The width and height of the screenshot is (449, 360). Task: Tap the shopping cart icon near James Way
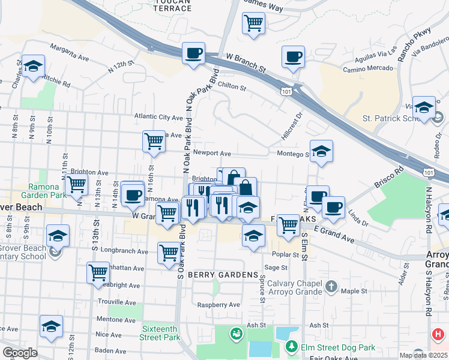[253, 24]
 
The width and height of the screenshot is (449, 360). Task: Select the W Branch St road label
[246, 62]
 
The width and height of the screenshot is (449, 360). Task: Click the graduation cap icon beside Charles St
[32, 68]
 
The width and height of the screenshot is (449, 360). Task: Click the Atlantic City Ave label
[158, 117]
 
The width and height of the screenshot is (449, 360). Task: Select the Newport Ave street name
[212, 153]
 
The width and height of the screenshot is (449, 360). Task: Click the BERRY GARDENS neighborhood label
[223, 274]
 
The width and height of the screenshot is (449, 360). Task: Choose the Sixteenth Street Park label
[159, 334]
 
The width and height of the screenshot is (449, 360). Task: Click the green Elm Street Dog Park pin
[291, 346]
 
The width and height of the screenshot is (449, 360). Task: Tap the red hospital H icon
[438, 334]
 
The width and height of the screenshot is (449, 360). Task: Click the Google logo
[20, 353]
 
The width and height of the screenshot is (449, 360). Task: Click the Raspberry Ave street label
[218, 305]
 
